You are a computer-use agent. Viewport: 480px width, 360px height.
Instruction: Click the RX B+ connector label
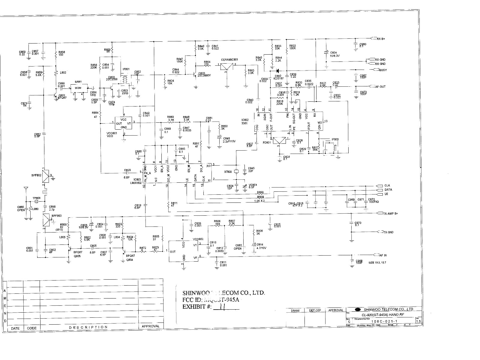381,39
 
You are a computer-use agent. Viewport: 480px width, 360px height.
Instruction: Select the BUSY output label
383,70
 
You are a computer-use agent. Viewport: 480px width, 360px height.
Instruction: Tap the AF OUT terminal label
380,87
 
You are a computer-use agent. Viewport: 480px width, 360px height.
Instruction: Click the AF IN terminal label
383,256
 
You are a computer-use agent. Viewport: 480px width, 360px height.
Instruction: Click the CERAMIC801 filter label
229,60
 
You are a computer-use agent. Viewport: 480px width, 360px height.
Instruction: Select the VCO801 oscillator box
123,123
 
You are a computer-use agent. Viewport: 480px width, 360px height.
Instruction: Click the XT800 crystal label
228,172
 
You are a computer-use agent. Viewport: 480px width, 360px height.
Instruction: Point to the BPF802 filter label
36,175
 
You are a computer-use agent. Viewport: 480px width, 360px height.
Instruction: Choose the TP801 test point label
36,198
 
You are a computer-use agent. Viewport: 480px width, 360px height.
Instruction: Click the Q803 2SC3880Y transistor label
204,74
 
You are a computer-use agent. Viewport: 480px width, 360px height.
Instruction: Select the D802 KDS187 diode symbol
277,71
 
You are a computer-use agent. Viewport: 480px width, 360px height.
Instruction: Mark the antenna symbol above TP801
26,190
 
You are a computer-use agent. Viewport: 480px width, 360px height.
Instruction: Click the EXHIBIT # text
197,307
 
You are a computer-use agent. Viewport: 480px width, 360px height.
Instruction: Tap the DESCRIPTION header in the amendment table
88,327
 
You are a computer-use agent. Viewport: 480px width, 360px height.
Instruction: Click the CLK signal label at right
387,186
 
